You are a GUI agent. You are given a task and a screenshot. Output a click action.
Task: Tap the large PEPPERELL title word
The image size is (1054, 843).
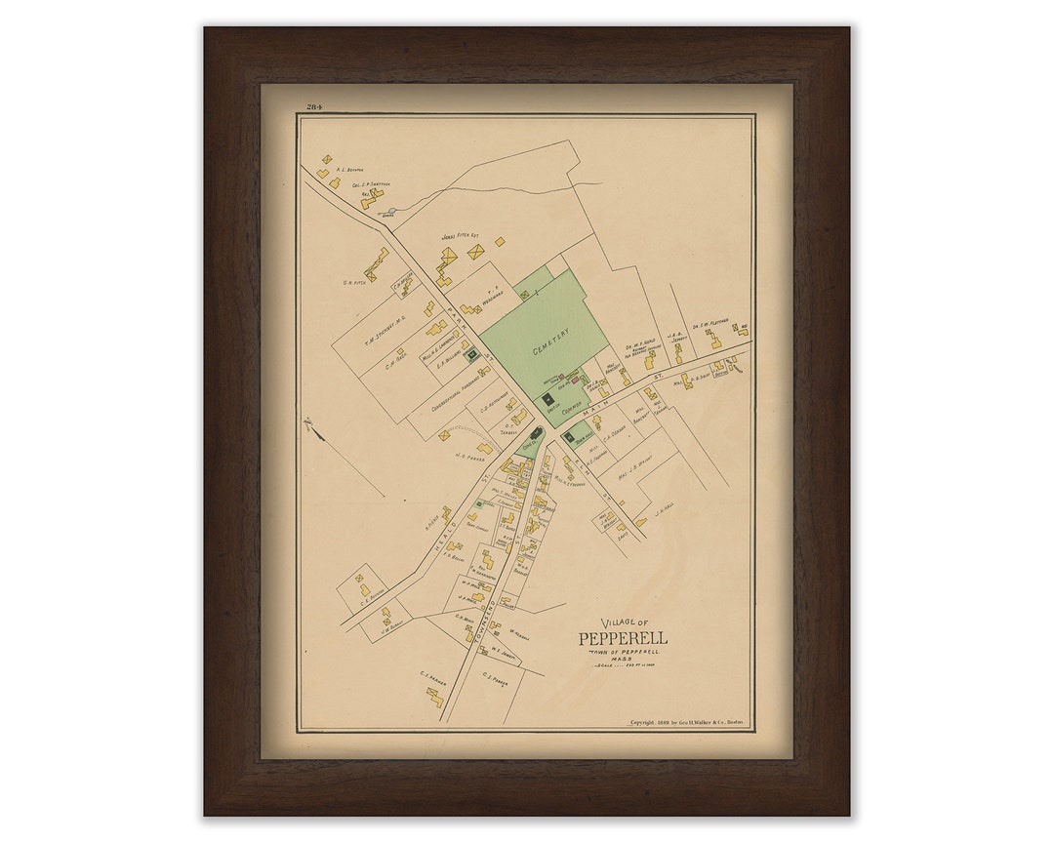623,638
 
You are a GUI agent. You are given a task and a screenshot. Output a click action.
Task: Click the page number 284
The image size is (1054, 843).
314,107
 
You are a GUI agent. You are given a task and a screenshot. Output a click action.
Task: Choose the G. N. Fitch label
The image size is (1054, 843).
353,284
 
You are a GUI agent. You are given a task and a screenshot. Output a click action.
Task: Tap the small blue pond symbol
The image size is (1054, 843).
391,210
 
